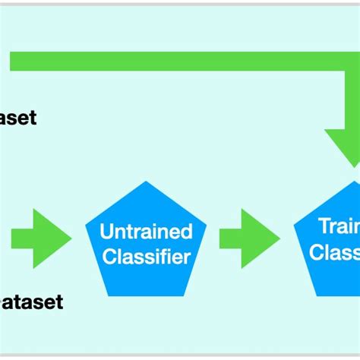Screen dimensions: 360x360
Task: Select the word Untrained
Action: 146,231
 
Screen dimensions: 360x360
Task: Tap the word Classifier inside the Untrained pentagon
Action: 146,257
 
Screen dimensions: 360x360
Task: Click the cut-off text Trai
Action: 338,226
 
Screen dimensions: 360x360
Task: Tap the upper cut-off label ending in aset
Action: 18,118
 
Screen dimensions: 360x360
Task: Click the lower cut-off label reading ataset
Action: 31,302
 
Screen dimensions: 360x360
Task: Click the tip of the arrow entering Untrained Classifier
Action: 70,238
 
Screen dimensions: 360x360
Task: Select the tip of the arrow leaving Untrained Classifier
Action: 279,238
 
